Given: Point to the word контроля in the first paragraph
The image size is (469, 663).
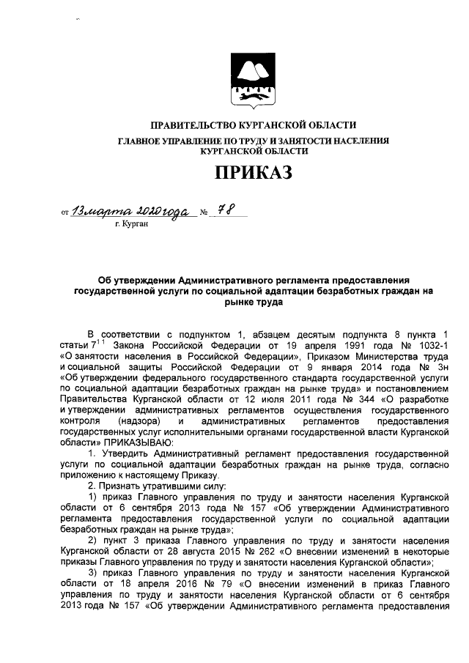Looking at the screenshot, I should (x=78, y=423).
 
